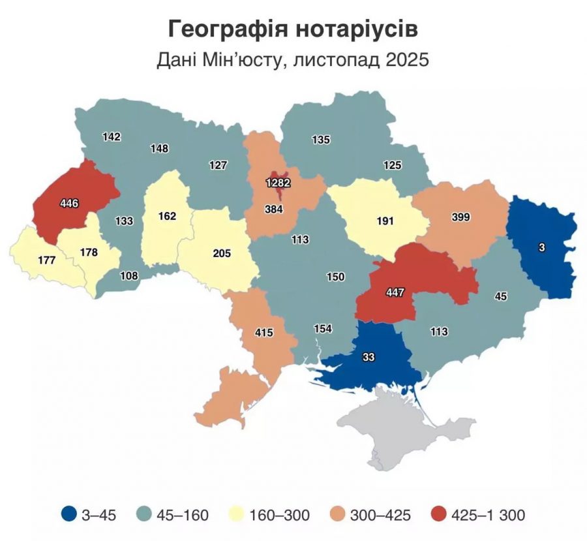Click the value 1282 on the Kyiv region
278,183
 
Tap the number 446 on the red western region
68,204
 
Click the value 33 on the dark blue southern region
369,357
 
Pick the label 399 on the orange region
460,217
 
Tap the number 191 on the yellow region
385,221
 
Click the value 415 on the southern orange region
263,333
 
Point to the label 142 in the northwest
112,136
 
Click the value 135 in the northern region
321,139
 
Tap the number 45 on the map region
501,296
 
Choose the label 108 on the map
129,275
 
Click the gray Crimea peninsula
404,431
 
